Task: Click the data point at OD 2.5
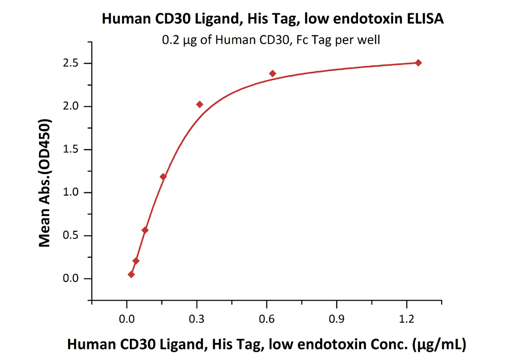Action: point(418,63)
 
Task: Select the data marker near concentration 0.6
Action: point(272,73)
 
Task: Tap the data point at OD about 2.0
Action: point(200,105)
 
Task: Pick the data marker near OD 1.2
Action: point(163,177)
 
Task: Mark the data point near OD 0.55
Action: point(145,230)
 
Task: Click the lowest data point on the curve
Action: point(131,274)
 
